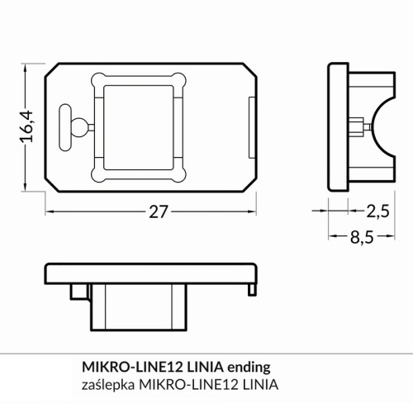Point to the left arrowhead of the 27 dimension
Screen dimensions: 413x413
(48, 211)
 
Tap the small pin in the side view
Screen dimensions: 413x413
(362, 126)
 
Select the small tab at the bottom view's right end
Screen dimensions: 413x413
(250, 287)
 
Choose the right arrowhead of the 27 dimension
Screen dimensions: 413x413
(254, 211)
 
